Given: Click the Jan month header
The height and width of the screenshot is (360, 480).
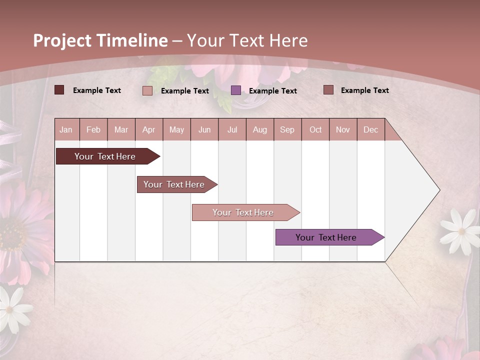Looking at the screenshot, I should tap(66, 129).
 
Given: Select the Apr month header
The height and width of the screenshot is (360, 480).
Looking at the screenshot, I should tap(149, 129).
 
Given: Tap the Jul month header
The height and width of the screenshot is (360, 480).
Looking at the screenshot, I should tap(232, 129).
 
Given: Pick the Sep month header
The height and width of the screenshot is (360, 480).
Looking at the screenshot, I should tap(287, 129).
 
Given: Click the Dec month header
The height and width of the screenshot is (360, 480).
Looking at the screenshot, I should tap(370, 129).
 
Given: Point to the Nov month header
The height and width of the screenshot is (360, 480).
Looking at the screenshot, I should tap(343, 129).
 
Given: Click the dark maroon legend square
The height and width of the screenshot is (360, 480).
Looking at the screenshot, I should tap(59, 90).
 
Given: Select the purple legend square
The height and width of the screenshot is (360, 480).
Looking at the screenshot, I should tap(236, 90).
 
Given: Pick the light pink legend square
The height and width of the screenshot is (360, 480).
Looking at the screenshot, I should tap(147, 90).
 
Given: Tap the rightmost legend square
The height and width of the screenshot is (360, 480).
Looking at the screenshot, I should tap(328, 90).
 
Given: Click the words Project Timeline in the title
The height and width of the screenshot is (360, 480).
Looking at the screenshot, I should tap(100, 40).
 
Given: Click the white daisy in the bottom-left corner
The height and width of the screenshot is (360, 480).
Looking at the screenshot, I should tap(11, 308).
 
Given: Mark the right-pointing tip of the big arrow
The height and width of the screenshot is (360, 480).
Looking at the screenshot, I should tap(439, 190).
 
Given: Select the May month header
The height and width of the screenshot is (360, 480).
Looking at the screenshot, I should tap(176, 129).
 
